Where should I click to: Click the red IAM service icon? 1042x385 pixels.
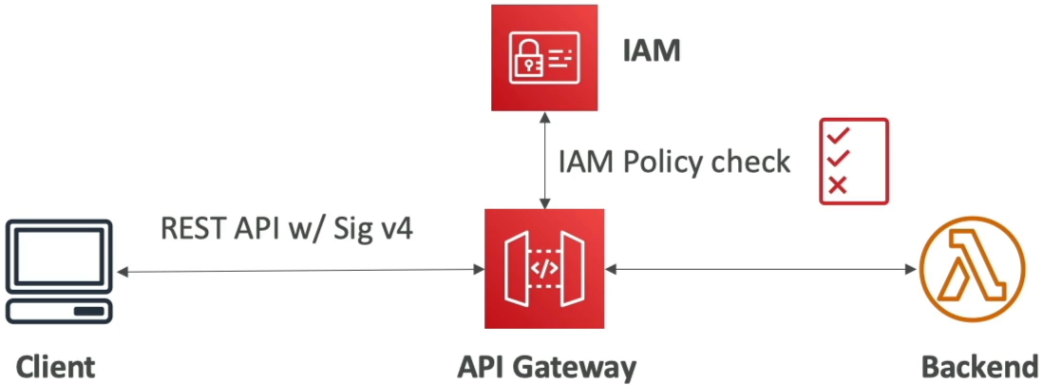544,58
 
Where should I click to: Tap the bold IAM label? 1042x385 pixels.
652,51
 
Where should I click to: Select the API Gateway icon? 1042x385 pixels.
544,269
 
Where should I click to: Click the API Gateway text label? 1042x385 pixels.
547,366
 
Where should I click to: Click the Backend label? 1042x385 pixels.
979,366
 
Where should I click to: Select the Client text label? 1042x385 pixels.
56,366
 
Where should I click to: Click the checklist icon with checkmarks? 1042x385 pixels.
854,161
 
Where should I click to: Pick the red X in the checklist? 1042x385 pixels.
838,184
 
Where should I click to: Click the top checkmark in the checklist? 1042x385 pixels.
839,135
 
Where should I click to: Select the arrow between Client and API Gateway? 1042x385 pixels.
300,271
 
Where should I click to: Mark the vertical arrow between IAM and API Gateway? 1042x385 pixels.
545,160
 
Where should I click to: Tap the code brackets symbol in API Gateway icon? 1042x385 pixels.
544,269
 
